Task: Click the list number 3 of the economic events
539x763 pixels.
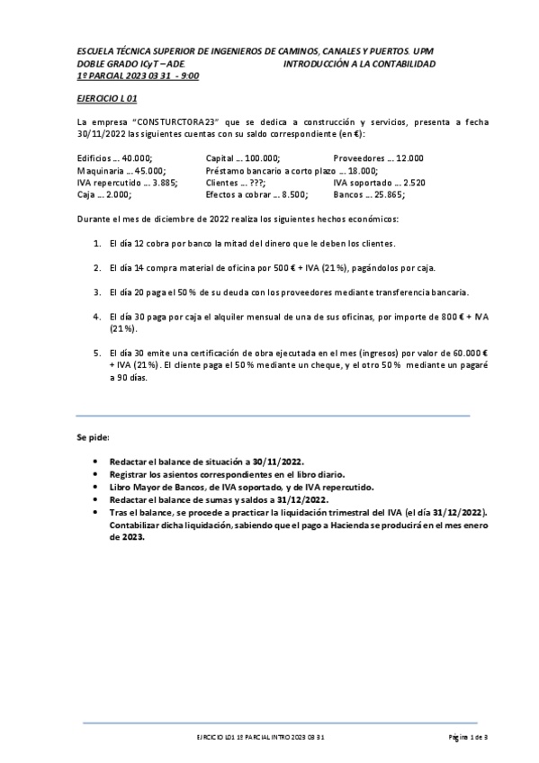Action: coord(97,292)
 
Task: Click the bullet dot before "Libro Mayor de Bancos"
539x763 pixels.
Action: coord(96,485)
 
